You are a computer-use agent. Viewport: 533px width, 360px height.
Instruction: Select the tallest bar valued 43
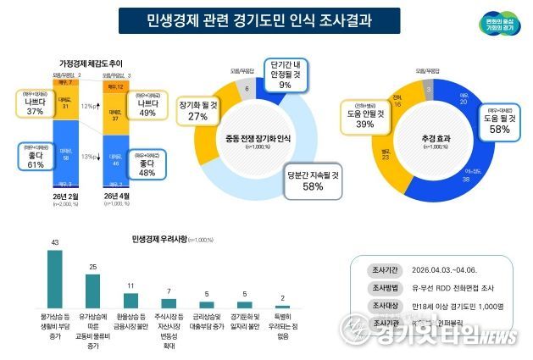coord(54,279)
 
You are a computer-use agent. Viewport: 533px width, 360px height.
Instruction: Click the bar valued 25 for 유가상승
coord(93,291)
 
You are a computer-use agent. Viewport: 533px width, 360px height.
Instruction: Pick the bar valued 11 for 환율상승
coord(130,301)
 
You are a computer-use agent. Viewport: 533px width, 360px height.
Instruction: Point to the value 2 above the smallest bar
coord(283,298)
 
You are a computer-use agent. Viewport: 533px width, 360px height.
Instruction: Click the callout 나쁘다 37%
coord(35,103)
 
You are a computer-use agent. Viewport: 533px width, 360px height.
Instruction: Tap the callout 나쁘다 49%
coord(147,106)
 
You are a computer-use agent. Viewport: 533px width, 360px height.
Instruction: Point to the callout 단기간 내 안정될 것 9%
coord(284,75)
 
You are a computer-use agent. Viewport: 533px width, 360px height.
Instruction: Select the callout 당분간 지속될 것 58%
coord(313,180)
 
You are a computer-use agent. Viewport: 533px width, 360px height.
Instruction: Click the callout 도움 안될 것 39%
coord(365,119)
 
